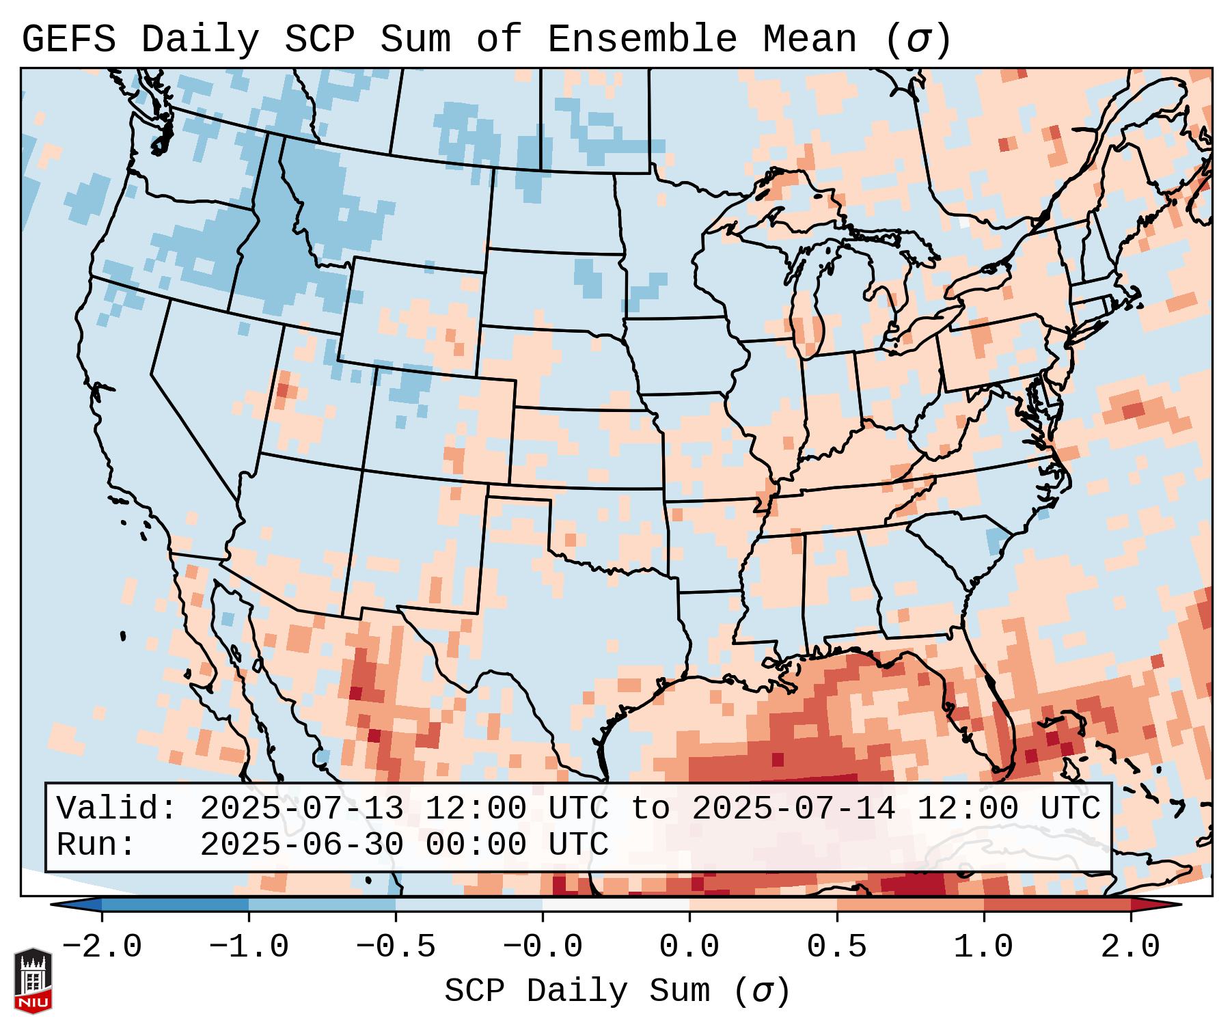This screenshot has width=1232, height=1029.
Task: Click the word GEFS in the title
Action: click(68, 39)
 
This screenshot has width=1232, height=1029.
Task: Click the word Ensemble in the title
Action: click(642, 39)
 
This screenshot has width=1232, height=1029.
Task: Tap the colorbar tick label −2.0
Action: click(102, 947)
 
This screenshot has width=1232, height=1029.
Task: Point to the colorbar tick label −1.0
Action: click(249, 947)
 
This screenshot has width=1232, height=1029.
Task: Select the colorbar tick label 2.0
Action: click(1130, 947)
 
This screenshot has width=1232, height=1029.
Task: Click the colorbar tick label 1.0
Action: click(983, 947)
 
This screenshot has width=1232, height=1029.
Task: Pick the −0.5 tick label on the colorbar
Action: click(396, 947)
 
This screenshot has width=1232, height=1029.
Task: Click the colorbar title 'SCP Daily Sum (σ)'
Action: click(617, 991)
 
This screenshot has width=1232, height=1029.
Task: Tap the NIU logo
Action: click(33, 981)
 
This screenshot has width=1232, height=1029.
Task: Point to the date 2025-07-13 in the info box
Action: click(301, 808)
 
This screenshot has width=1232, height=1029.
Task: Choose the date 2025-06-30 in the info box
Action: click(301, 845)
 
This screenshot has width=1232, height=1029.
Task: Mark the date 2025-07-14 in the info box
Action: click(793, 808)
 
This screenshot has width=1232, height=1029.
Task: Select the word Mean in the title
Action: click(809, 39)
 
